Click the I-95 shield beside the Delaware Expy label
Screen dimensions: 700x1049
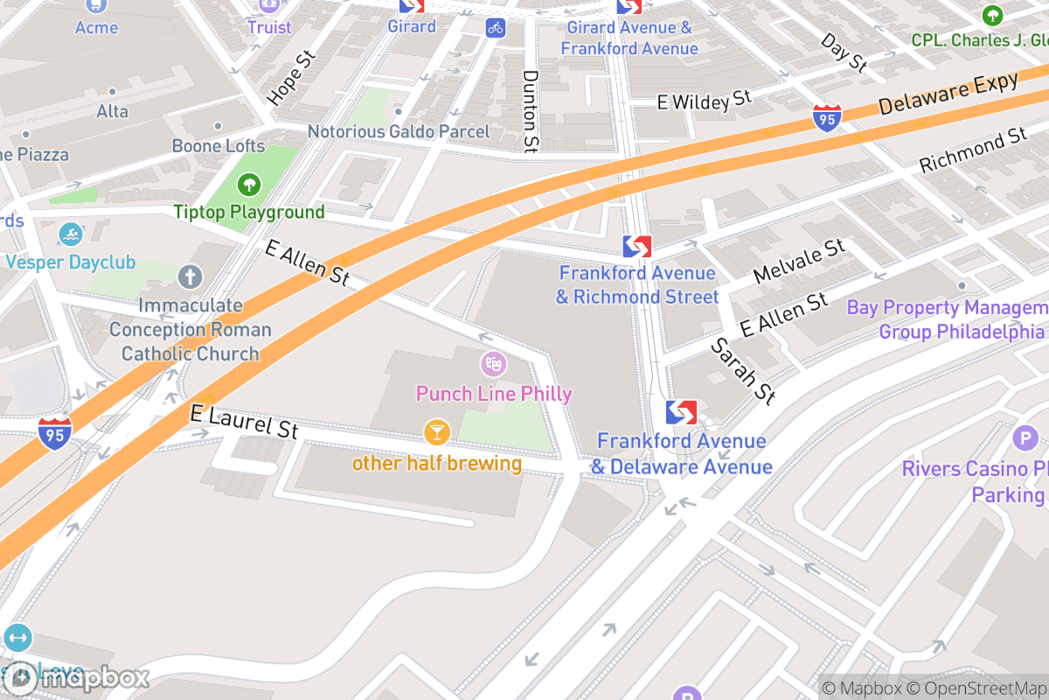tap(827, 118)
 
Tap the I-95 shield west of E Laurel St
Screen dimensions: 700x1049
tap(54, 433)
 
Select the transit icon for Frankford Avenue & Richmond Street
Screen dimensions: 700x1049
tap(637, 247)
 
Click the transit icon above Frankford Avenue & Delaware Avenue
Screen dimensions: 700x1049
tap(681, 412)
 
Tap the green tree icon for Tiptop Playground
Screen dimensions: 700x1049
tap(250, 185)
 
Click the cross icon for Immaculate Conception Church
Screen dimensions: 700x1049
tap(190, 278)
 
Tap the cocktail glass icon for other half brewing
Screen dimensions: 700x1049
tap(436, 431)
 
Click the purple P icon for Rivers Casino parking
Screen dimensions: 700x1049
tap(1024, 438)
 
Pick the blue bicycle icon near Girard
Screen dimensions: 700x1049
tap(496, 27)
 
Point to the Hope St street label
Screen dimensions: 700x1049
tap(290, 79)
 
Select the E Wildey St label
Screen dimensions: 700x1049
tap(704, 101)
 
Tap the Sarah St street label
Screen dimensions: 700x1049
tap(743, 371)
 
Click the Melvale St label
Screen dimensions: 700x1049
tap(799, 260)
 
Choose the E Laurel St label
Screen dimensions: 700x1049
tap(244, 422)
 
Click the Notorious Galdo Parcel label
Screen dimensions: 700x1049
tap(399, 131)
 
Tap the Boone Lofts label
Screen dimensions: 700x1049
tap(218, 146)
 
